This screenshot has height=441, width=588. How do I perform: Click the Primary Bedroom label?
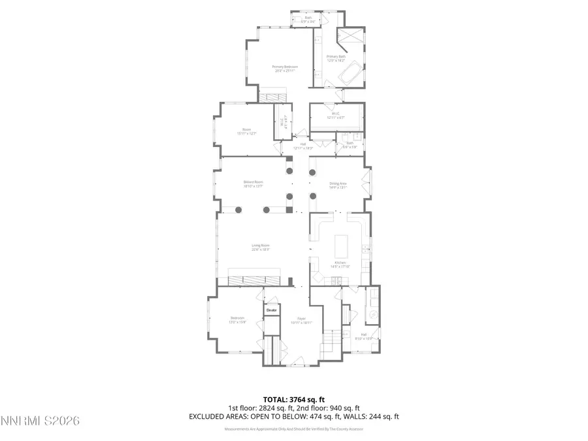285,67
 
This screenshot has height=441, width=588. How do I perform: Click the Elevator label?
271,310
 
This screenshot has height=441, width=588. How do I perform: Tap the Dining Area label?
338,184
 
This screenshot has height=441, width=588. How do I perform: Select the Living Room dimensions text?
261,250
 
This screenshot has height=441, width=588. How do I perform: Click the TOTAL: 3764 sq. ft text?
293,399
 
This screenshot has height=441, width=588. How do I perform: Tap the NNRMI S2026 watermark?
40,421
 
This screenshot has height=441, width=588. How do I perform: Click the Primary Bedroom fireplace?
268,97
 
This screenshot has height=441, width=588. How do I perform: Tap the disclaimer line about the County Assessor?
293,429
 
